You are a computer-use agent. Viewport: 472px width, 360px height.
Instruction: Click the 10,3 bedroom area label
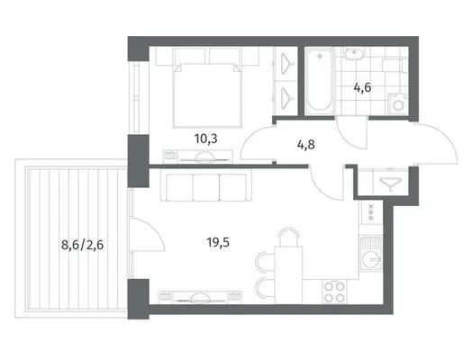pos(206,139)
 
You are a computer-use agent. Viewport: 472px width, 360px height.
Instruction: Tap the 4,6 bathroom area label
pos(362,88)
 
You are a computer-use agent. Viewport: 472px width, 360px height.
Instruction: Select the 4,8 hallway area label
pos(306,145)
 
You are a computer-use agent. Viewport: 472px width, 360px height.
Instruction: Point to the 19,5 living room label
pos(218,242)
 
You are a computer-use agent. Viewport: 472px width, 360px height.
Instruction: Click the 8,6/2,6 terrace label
pos(83,245)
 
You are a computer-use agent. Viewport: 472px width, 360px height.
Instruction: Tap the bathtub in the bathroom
pos(320,81)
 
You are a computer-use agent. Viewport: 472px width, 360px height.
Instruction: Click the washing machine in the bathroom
pos(398,103)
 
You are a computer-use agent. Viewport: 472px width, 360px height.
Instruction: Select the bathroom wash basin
pos(354,54)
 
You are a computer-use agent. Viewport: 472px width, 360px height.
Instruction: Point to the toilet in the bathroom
pos(395,65)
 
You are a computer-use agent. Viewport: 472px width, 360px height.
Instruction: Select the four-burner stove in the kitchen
pos(334,292)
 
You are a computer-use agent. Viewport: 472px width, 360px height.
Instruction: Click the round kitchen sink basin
pos(370,259)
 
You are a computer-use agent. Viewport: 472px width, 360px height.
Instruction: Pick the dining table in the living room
pos(288,274)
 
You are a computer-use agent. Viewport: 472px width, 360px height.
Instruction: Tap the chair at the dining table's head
pos(288,237)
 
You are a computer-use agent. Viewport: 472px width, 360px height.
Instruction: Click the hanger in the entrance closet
pos(390,183)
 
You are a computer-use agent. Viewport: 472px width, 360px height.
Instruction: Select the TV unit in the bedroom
pos(198,157)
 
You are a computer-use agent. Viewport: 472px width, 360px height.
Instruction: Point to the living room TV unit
pos(200,297)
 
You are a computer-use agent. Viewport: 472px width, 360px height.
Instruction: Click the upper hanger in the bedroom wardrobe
pos(286,64)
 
